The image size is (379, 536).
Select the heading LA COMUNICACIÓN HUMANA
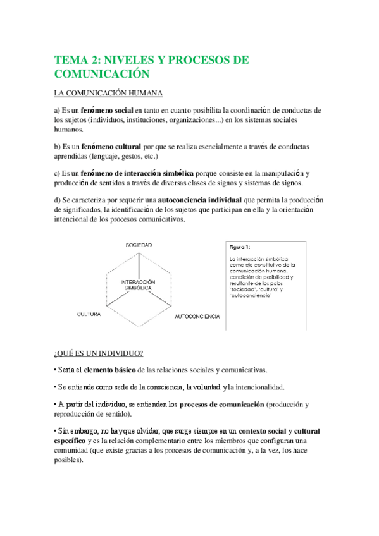109,94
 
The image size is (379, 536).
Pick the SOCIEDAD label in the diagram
139,244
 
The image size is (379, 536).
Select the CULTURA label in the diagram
89,314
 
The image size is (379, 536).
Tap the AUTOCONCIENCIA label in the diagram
197,315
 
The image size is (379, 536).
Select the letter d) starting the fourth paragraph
58,200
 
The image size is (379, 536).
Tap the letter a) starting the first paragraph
58,110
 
